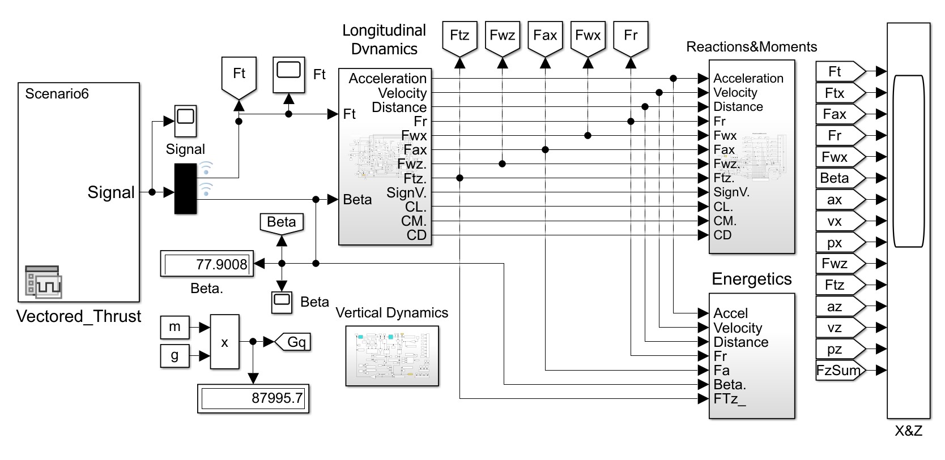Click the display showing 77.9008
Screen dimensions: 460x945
[x=207, y=264]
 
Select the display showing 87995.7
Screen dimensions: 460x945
[x=253, y=398]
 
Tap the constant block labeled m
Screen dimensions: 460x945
[x=174, y=326]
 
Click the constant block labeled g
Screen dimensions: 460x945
[x=174, y=356]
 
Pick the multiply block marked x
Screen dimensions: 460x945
[x=224, y=342]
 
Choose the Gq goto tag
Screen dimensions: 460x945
[x=293, y=342]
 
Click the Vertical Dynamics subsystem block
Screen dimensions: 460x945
[x=392, y=356]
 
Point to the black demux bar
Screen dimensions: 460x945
[x=185, y=189]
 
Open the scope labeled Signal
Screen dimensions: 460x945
[x=185, y=121]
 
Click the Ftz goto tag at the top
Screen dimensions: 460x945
[x=459, y=37]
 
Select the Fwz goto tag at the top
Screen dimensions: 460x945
[x=502, y=37]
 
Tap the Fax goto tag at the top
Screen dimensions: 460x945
[x=545, y=37]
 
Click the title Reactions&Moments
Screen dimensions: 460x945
[x=751, y=47]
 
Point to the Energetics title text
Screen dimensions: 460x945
[x=751, y=279]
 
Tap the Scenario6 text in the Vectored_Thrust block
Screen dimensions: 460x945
[x=57, y=94]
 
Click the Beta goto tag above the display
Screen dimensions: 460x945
[x=282, y=222]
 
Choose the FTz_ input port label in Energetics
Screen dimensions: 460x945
[x=730, y=399]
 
